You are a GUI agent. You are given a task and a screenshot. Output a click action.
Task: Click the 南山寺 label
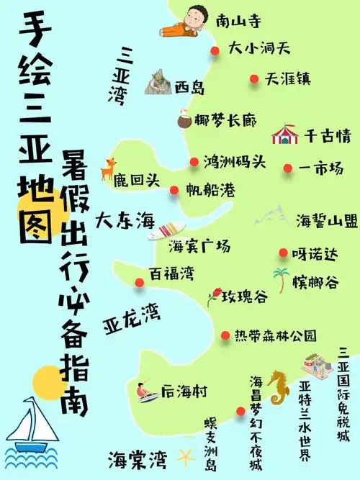coord(237,21)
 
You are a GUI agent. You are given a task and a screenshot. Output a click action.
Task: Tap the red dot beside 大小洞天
coord(215,50)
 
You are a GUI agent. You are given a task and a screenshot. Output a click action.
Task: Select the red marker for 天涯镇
coord(253,78)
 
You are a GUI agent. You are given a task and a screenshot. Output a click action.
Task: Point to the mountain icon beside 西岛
coord(158,83)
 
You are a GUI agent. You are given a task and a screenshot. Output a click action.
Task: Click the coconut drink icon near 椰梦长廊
coord(183,118)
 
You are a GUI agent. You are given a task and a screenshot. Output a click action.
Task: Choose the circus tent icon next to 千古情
coord(285,135)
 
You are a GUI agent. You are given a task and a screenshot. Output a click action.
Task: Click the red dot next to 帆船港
coord(174,191)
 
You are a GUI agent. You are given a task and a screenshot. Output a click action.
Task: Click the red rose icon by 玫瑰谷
coord(214,296)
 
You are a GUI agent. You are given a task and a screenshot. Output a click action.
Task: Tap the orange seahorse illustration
coord(277,388)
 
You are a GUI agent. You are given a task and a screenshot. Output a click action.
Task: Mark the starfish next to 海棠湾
coord(186,456)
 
